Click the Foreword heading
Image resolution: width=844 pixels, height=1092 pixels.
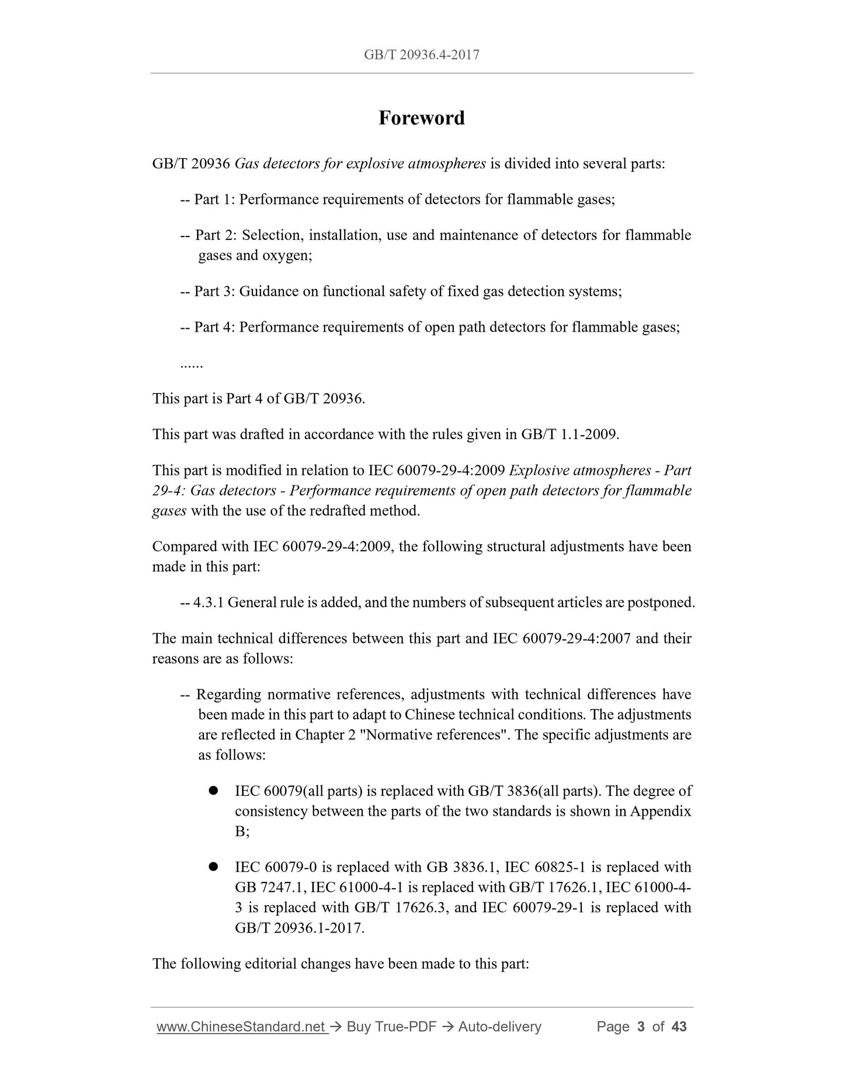pyautogui.click(x=421, y=118)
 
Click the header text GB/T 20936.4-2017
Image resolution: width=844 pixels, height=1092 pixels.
pyautogui.click(x=421, y=55)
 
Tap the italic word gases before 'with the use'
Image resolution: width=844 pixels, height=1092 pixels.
pyautogui.click(x=169, y=511)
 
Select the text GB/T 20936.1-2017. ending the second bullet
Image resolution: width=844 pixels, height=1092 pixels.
pyautogui.click(x=300, y=928)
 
